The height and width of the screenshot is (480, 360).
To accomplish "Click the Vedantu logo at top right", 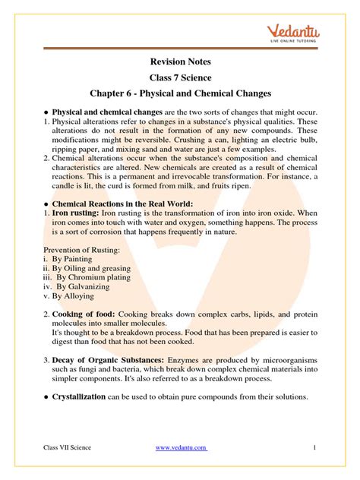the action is coord(302,33).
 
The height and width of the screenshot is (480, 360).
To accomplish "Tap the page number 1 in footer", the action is coord(314,447).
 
